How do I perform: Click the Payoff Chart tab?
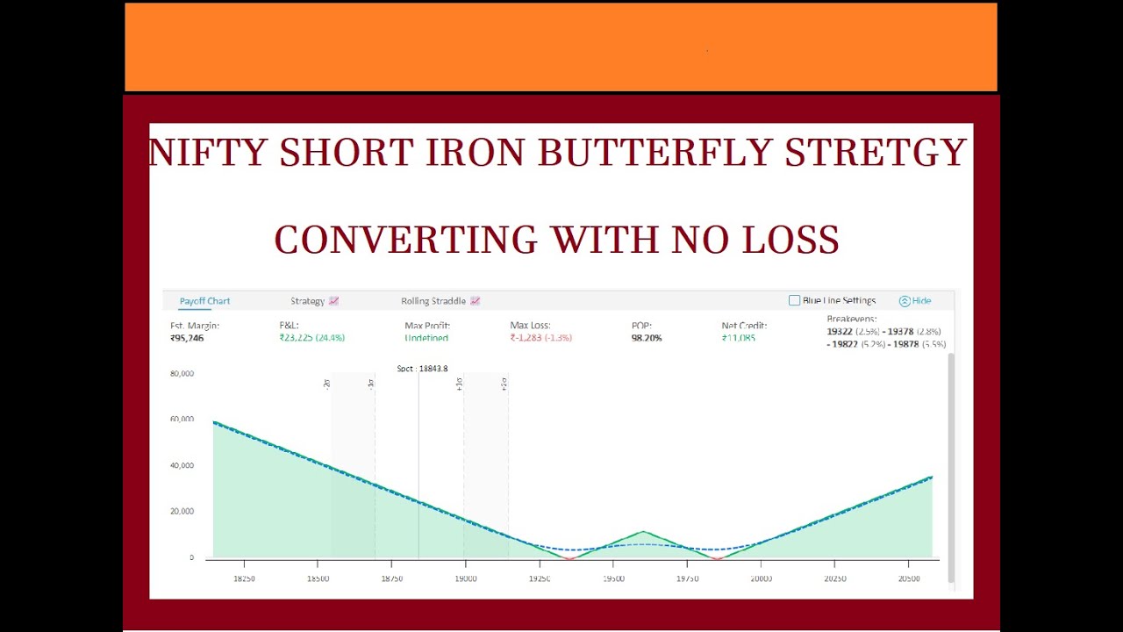204,301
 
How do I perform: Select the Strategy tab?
308,301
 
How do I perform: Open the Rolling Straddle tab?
433,301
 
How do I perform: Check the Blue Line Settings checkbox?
795,300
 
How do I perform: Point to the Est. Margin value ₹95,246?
187,338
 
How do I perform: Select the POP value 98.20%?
647,338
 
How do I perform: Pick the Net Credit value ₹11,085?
739,338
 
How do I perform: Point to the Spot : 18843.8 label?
422,369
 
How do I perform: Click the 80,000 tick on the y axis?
182,374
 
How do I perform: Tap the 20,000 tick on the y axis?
182,512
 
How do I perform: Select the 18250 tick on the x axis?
244,579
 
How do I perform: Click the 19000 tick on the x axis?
465,579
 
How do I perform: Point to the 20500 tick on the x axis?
909,579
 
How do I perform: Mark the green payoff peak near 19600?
644,532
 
